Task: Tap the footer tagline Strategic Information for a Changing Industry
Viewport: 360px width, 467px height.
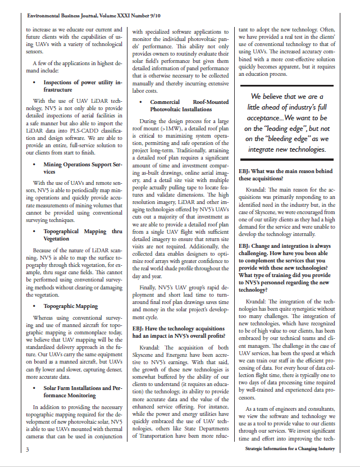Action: point(290,449)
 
